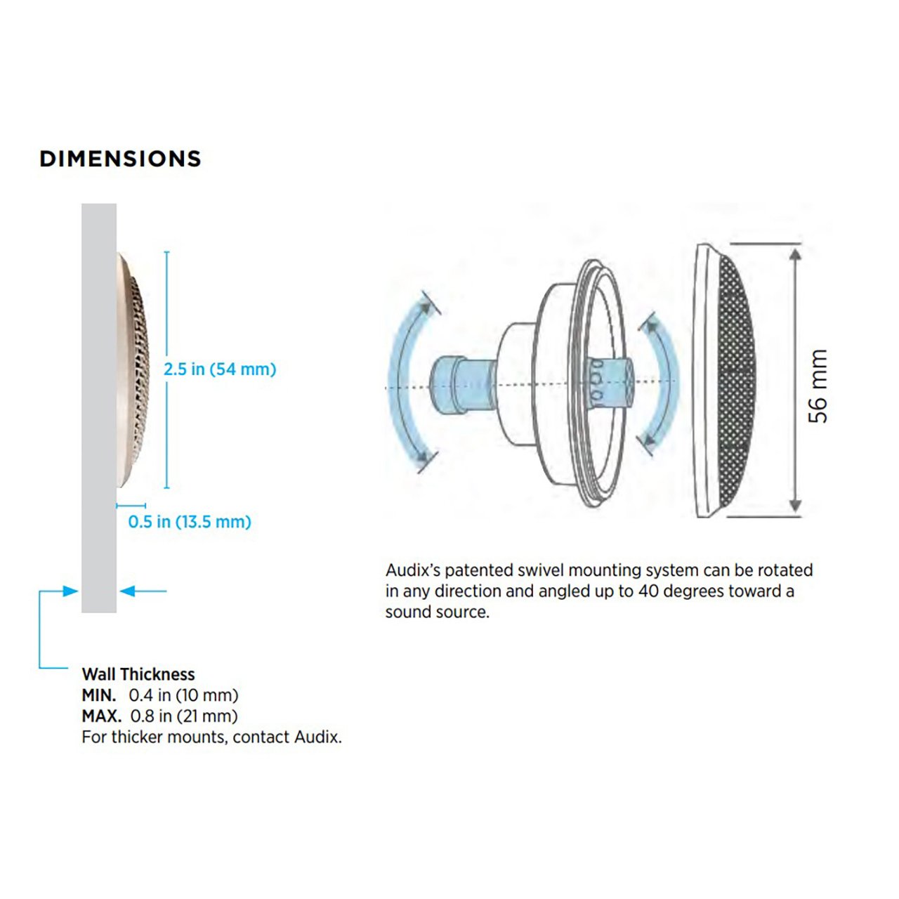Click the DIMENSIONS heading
[x=120, y=159]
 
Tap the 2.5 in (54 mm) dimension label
[x=220, y=369]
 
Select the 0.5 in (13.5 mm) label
[x=190, y=522]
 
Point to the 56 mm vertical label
[x=818, y=386]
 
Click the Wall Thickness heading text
[x=138, y=674]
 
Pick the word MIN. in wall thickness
[x=98, y=695]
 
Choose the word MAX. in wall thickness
[x=101, y=716]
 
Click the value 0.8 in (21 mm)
[x=184, y=716]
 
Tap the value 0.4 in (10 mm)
[x=183, y=695]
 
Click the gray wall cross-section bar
[x=99, y=407]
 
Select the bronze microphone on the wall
[x=133, y=370]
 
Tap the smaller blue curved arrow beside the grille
[x=660, y=383]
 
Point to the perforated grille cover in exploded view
[x=730, y=383]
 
